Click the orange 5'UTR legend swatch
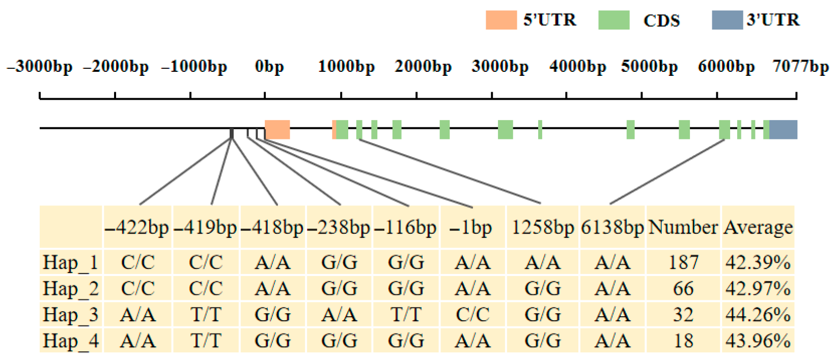[501, 20]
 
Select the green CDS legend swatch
[614, 20]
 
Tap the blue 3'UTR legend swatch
[727, 20]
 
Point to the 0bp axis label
[269, 67]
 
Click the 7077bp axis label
[800, 67]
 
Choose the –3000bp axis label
[40, 67]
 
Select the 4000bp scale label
[577, 67]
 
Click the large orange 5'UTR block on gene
[277, 129]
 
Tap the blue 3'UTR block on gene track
[783, 129]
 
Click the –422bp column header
[137, 228]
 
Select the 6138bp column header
[612, 228]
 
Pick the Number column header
[683, 227]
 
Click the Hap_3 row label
[70, 315]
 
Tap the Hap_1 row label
[70, 262]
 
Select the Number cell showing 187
[683, 262]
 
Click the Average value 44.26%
[758, 315]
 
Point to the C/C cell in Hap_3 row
[472, 315]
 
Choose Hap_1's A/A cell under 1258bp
[543, 262]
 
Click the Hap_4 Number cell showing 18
[683, 341]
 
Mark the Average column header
[758, 227]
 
